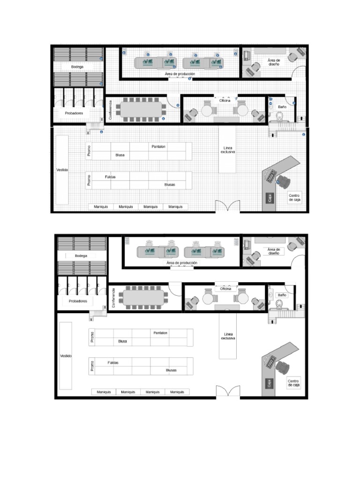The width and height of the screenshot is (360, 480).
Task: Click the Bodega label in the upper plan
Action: click(77, 67)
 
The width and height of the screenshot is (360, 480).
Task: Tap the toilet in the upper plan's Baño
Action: click(280, 116)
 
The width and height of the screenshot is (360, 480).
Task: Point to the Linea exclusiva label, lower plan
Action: click(228, 336)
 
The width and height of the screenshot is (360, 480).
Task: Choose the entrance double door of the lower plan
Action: click(228, 391)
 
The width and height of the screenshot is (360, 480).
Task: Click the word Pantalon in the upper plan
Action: click(158, 147)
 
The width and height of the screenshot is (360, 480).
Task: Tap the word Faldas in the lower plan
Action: click(113, 363)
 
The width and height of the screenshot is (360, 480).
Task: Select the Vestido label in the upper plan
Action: click(62, 170)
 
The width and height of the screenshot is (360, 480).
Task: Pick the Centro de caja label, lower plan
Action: click(293, 383)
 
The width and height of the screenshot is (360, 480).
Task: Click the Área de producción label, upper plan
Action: click(180, 74)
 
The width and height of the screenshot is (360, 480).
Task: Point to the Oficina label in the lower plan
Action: click(225, 289)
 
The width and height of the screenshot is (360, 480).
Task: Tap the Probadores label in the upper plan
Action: click(74, 113)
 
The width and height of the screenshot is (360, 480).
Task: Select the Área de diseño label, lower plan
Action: click(274, 251)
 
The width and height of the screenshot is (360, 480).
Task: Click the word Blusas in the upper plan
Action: click(170, 185)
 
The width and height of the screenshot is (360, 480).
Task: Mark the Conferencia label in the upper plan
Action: click(111, 110)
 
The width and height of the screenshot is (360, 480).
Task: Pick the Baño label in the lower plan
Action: click(282, 295)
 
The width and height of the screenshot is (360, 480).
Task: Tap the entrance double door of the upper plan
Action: click(228, 206)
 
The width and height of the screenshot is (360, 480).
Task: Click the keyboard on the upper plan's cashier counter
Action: click(270, 176)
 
